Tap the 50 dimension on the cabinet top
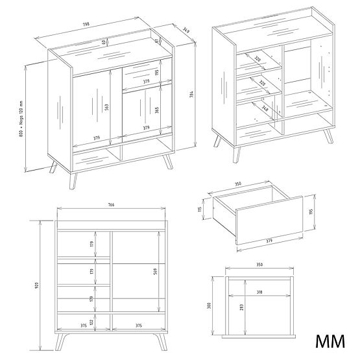[104, 43]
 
